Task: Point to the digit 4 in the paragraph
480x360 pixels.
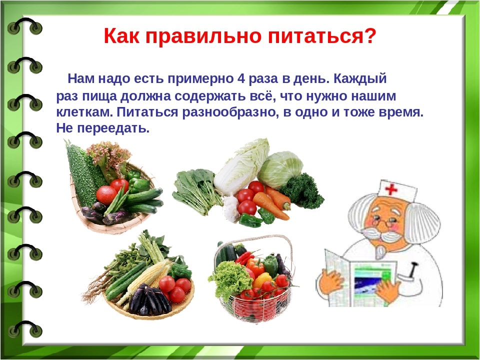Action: click(240, 78)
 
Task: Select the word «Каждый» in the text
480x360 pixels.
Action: click(360, 79)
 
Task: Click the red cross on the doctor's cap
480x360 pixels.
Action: click(391, 189)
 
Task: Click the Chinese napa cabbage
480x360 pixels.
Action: click(242, 167)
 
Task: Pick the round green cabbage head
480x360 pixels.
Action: click(280, 169)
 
